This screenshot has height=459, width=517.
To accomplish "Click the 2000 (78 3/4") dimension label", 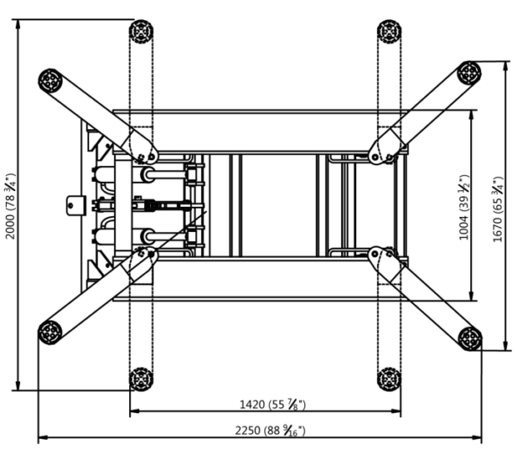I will (x=11, y=206).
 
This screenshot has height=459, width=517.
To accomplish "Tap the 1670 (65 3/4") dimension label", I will (x=498, y=209).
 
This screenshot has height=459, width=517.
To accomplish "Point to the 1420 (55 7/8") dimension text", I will (x=273, y=405).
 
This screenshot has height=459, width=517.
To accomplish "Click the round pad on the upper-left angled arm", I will (x=50, y=81).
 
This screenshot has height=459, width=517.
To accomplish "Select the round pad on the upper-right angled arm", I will (x=469, y=73).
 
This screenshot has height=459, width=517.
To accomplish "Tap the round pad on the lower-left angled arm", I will (x=50, y=332).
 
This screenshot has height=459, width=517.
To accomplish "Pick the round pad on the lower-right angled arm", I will (x=470, y=338).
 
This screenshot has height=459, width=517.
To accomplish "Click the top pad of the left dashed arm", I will (x=141, y=32).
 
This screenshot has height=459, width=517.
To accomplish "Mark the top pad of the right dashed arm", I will (x=389, y=32).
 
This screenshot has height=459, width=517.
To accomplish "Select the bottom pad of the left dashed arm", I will (x=141, y=379).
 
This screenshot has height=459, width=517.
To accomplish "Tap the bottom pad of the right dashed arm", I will (x=389, y=379).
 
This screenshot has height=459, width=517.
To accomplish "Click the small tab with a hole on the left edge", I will (x=76, y=203).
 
